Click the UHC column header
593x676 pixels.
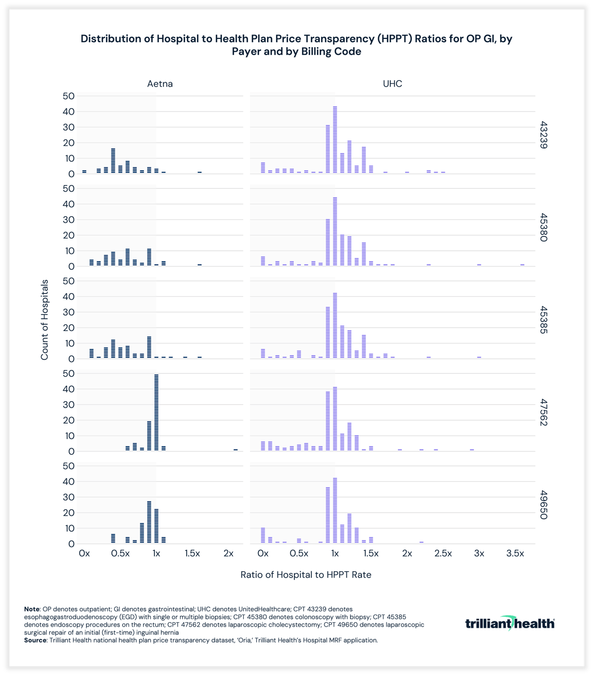[392, 84]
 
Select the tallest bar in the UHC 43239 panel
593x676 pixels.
[335, 140]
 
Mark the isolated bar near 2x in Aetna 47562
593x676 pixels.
[236, 449]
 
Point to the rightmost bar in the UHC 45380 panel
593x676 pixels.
[522, 265]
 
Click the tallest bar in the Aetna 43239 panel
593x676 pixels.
[113, 161]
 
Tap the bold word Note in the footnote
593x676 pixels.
[32, 610]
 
